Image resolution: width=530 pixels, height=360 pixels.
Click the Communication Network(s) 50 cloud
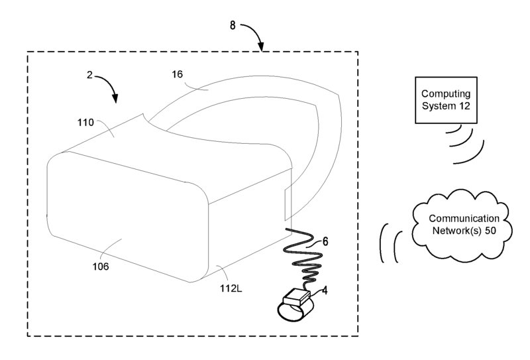[x=461, y=224]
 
